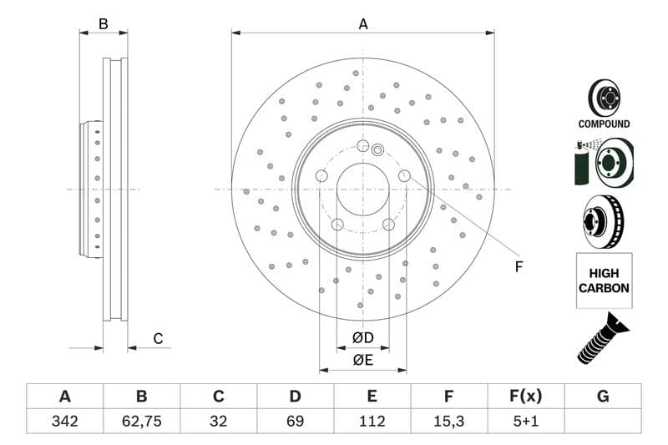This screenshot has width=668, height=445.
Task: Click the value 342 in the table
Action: point(64,421)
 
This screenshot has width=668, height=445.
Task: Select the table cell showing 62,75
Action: point(141,421)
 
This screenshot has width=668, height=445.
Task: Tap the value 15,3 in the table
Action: point(448,421)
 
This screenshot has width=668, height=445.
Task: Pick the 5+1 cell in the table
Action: point(526,421)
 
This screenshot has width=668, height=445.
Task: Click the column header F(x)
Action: point(526,397)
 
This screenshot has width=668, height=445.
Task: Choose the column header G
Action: point(603,397)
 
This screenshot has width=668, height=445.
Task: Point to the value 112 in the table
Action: point(372,421)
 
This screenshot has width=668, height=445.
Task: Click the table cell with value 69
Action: point(295,421)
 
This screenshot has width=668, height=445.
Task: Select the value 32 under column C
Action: point(218,421)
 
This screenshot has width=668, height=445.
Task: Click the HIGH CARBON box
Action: point(604,281)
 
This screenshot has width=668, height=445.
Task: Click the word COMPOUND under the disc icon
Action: point(604,124)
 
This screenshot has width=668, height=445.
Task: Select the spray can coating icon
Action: point(582,163)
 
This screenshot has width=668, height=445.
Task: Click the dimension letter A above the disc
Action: point(363,24)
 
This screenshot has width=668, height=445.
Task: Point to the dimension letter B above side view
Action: point(104,24)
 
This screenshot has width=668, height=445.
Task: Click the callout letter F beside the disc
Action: point(518,267)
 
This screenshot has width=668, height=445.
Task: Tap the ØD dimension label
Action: point(362,337)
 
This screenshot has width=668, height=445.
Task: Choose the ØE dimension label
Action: point(362,360)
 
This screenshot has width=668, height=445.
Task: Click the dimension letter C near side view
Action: point(157,338)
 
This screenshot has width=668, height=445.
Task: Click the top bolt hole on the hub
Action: point(362,146)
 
